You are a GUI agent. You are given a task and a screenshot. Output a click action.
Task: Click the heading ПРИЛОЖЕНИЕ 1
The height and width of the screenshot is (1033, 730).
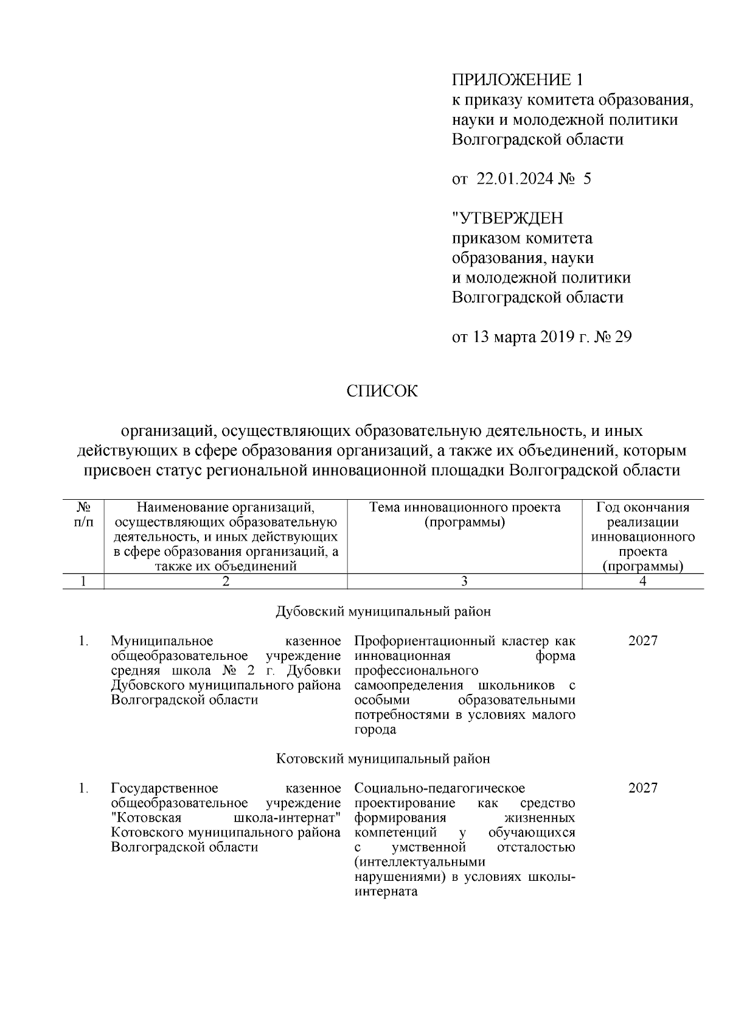517,80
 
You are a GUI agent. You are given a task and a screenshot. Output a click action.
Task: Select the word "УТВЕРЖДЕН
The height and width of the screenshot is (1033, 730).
507,218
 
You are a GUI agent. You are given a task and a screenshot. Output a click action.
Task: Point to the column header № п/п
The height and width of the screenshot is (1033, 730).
84,515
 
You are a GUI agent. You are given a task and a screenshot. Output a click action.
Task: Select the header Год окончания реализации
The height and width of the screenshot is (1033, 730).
643,515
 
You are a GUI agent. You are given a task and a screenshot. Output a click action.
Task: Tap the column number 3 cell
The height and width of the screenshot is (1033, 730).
464,581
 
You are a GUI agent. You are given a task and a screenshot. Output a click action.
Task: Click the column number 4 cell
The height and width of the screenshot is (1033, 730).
643,581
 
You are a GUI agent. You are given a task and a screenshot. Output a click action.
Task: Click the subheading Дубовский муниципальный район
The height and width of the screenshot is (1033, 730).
383,612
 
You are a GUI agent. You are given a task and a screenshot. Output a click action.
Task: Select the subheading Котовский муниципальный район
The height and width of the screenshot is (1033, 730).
383,759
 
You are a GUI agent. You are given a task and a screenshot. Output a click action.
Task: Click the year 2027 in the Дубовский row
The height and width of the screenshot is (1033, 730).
642,641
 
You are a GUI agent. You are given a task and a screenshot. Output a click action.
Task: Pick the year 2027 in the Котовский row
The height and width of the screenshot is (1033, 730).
642,788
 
